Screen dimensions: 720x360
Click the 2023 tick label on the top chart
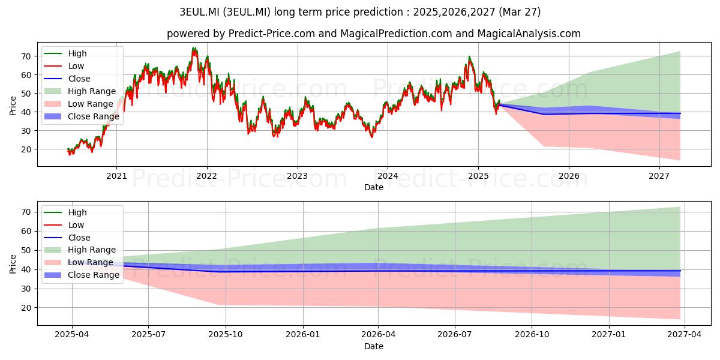[x=297, y=176]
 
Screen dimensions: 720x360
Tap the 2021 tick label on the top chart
[x=116, y=176]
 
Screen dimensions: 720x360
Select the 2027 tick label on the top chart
[x=659, y=176]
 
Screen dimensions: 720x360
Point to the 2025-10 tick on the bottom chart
[x=226, y=335]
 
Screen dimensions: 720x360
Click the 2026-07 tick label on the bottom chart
[x=455, y=335]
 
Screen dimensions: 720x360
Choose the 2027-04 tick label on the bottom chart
[x=685, y=335]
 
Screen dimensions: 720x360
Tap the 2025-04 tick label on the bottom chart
[x=71, y=335]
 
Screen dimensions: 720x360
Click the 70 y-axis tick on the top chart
[x=26, y=56]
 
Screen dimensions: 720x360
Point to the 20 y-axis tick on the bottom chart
[x=26, y=308]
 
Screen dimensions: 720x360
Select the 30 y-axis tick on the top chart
[x=26, y=131]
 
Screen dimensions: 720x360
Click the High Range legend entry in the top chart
[x=80, y=91]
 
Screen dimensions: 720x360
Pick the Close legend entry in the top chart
[x=67, y=79]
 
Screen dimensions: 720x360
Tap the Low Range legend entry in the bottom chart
[x=79, y=262]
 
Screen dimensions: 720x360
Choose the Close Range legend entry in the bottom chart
[x=82, y=275]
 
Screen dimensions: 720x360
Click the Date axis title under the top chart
[x=373, y=187]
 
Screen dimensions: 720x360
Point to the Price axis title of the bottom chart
[x=13, y=264]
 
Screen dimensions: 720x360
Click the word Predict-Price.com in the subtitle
[x=272, y=34]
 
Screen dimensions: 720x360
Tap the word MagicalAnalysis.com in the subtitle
[x=529, y=34]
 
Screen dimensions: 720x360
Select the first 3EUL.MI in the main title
[x=199, y=12]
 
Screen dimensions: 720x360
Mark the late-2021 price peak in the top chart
[x=194, y=48]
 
